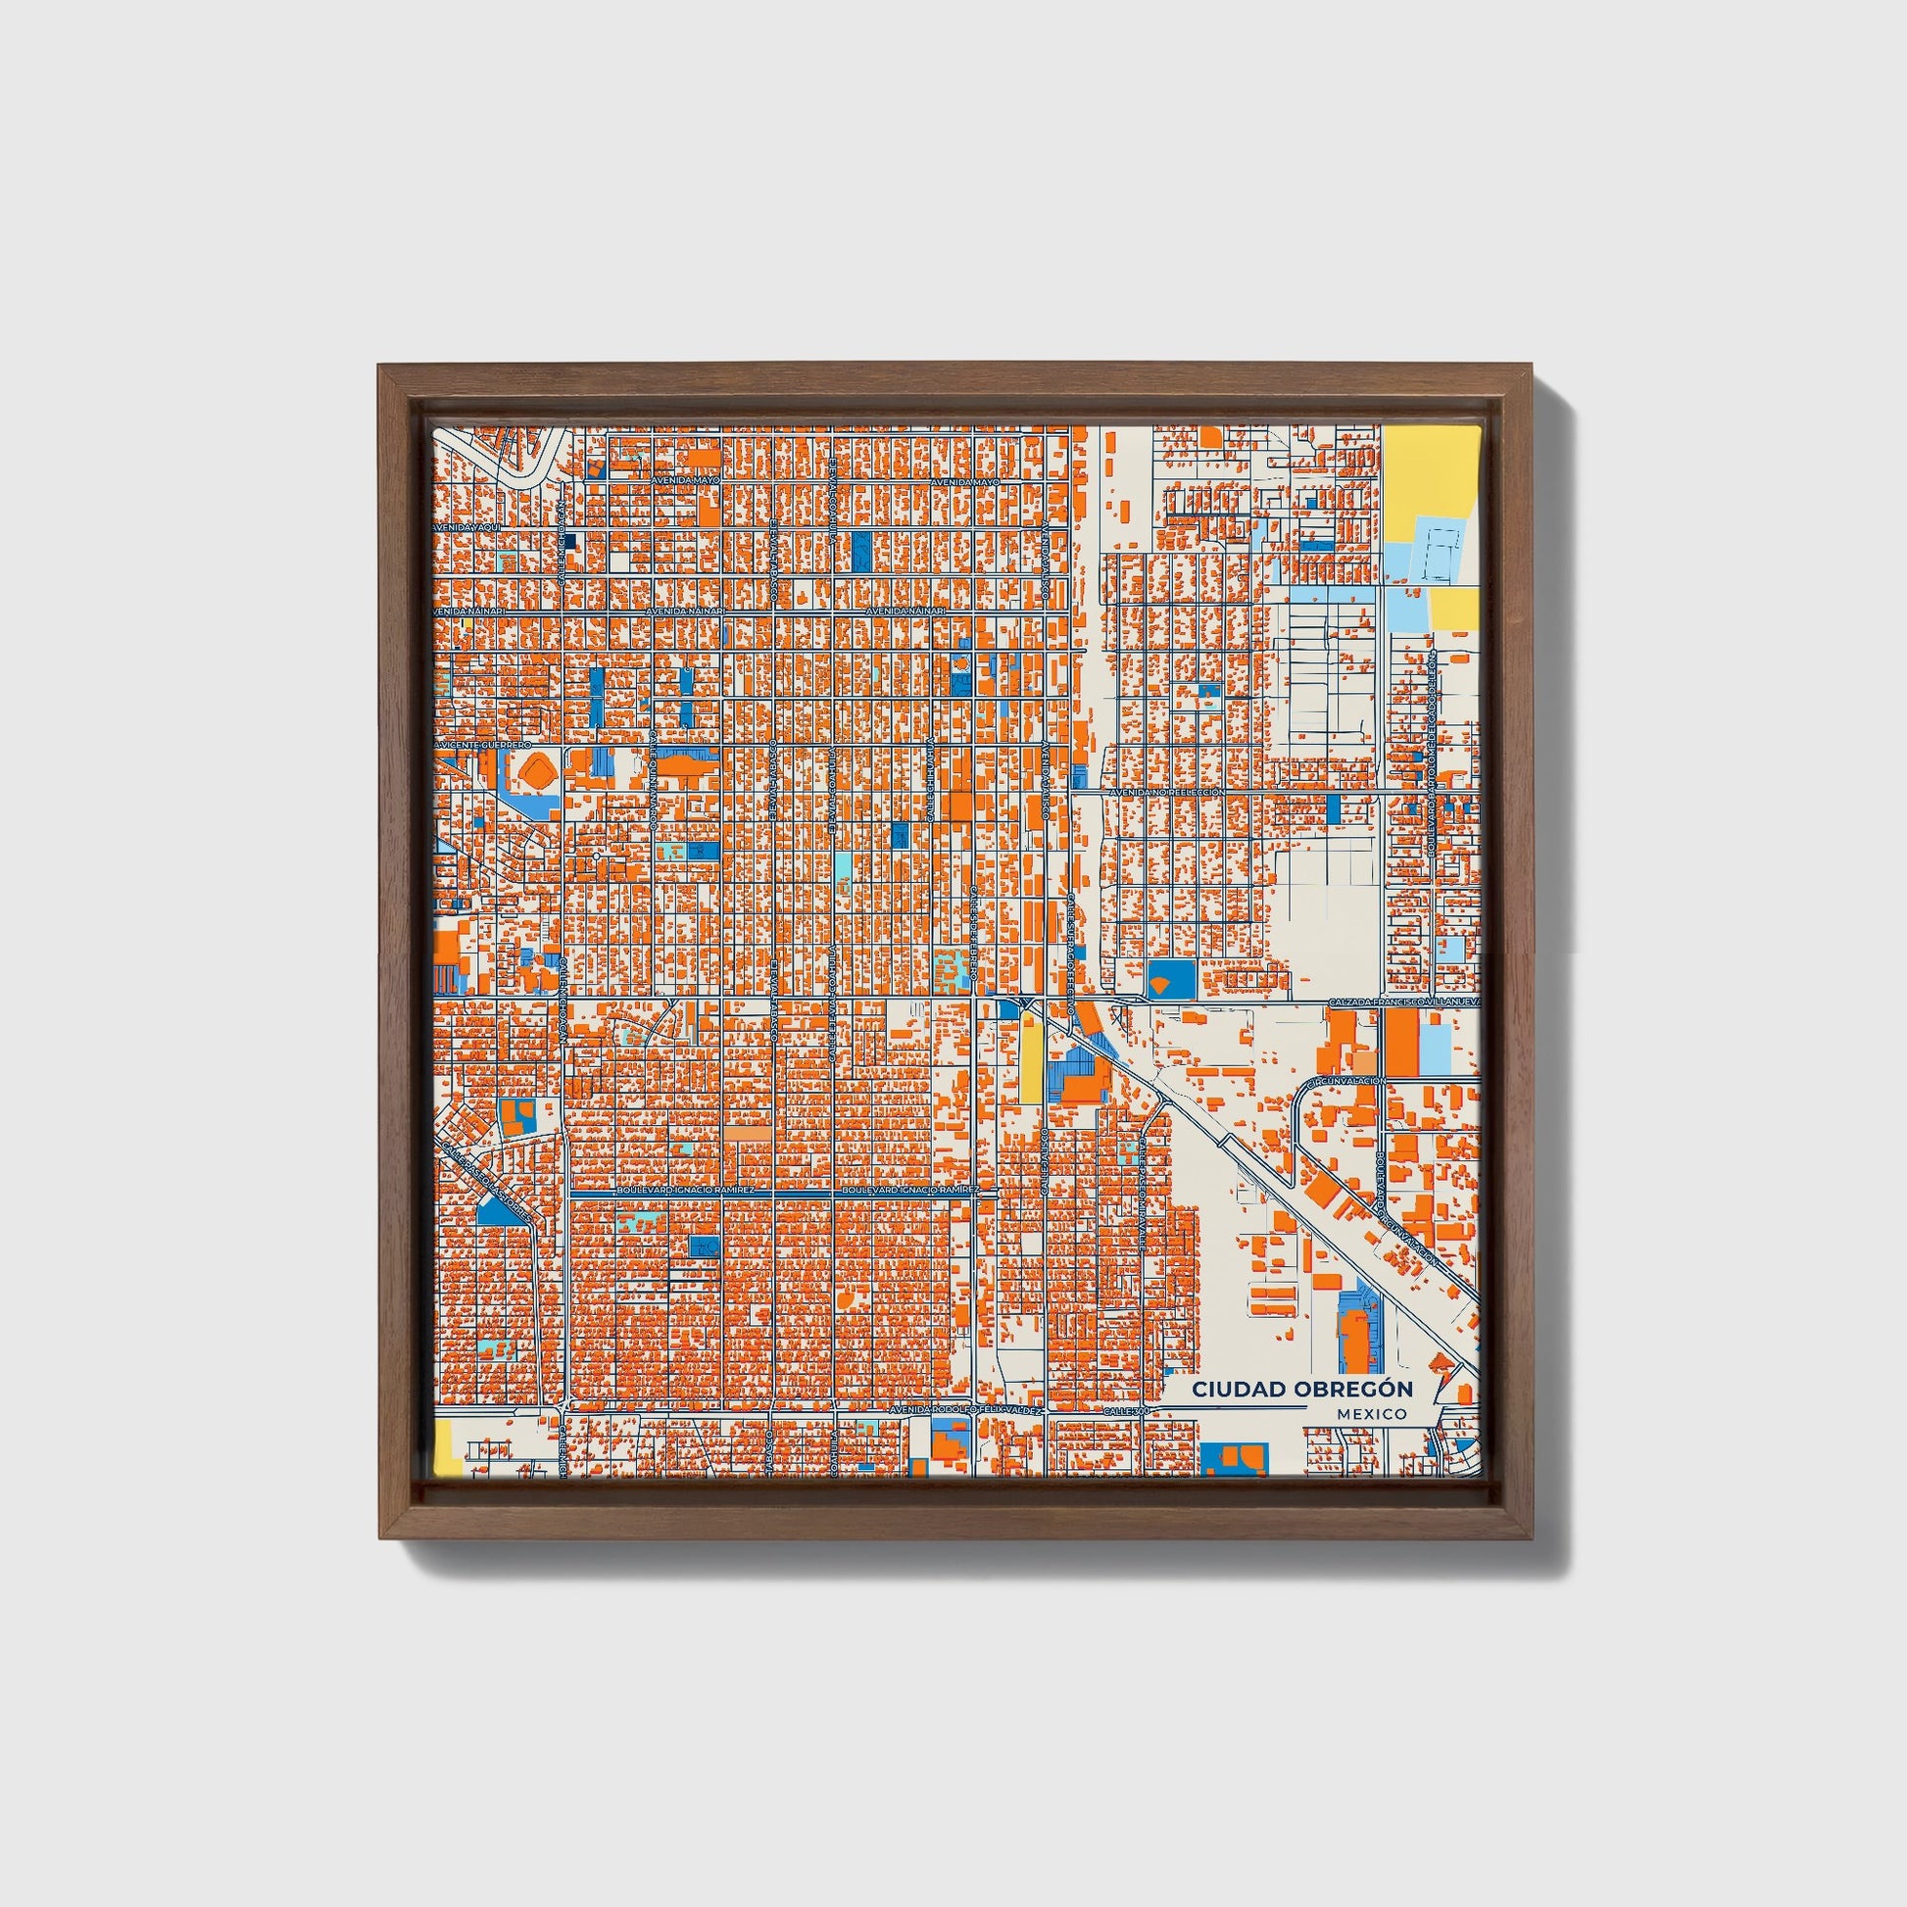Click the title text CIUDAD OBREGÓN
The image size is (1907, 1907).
point(1301,1389)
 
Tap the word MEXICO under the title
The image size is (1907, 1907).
point(1372,1414)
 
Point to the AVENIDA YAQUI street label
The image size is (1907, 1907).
point(467,528)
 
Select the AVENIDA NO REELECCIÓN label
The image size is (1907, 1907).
point(1167,792)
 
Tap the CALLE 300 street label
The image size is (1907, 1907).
point(1125,1411)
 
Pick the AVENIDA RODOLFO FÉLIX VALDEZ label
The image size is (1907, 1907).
point(965,1410)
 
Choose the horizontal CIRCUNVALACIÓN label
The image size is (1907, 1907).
point(1345,1082)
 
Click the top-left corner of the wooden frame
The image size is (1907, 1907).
point(381,367)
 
